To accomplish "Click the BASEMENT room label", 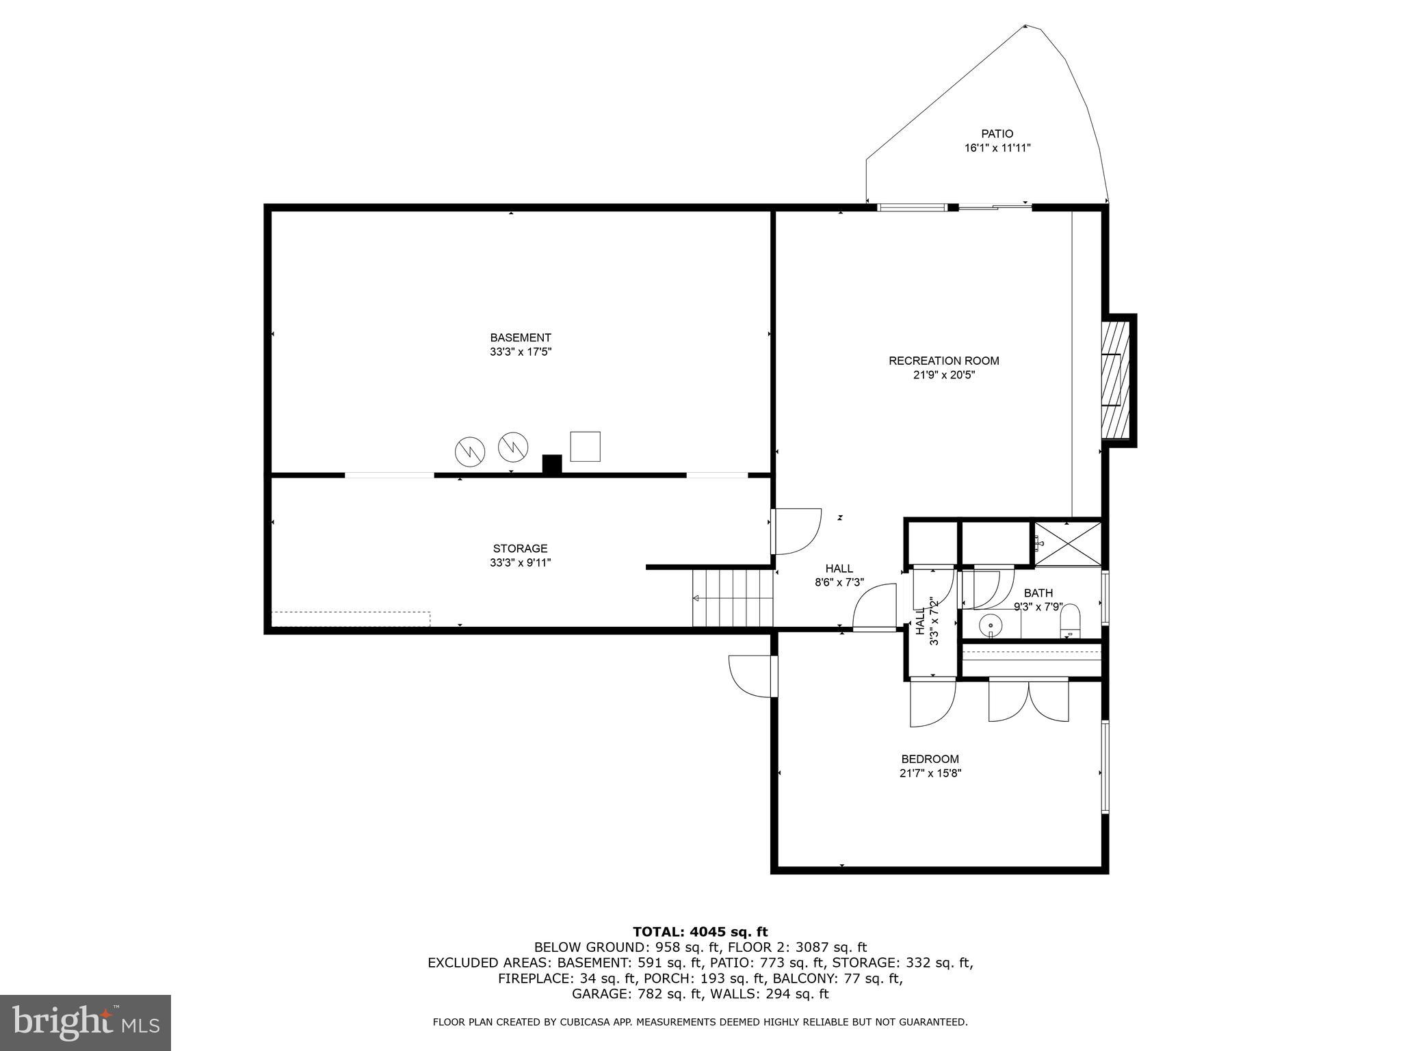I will click(x=520, y=337).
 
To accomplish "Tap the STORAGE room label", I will click(x=520, y=548).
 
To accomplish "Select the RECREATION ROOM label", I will click(x=943, y=361).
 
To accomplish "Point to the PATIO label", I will click(x=997, y=134).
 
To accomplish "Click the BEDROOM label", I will click(x=930, y=759).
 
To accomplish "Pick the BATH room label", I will click(x=1038, y=593).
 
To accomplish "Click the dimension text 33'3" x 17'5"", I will click(x=520, y=352).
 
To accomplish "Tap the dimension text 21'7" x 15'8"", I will click(x=930, y=773).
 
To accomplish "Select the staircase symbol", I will click(x=733, y=598).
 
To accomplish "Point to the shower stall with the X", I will click(x=1067, y=543).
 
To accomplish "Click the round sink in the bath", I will click(x=990, y=625).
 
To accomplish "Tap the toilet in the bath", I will click(x=1069, y=621).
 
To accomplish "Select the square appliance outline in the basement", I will click(x=585, y=446).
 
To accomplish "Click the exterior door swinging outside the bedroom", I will click(x=753, y=676).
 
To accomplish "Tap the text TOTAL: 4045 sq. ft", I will click(x=700, y=931).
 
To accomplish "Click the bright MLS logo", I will click(x=86, y=1022).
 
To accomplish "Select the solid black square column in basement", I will click(x=551, y=464).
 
